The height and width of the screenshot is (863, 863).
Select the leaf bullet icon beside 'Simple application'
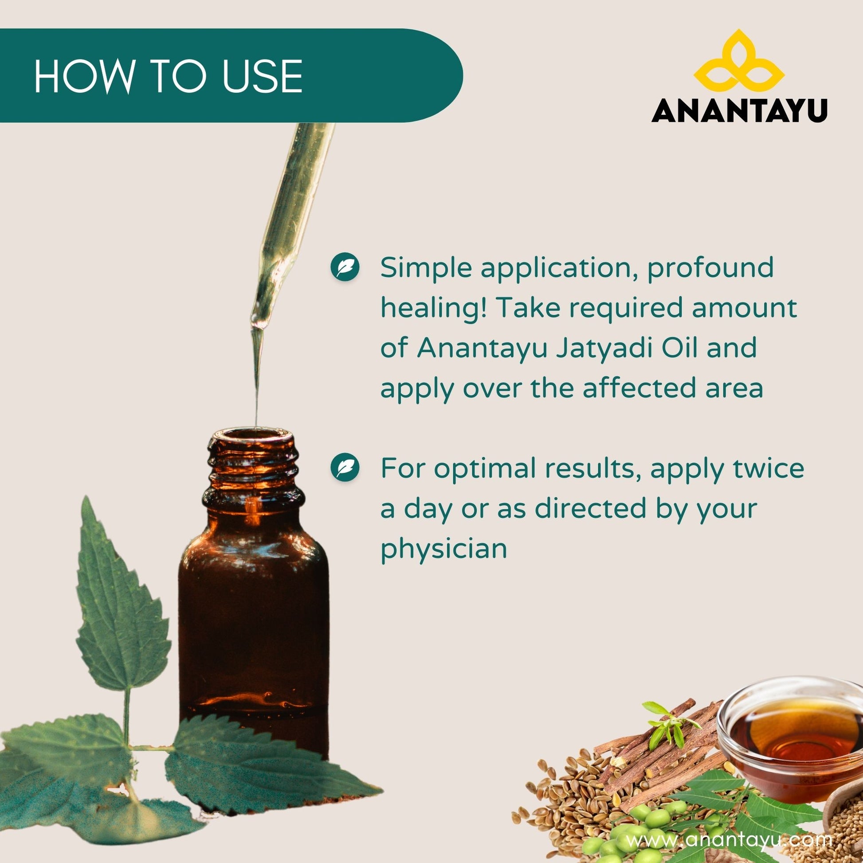coord(345,267)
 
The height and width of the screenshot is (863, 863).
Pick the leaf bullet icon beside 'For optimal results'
coord(345,468)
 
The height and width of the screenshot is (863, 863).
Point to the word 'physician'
coord(444,549)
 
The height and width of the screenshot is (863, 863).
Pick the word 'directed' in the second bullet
coord(591,508)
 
